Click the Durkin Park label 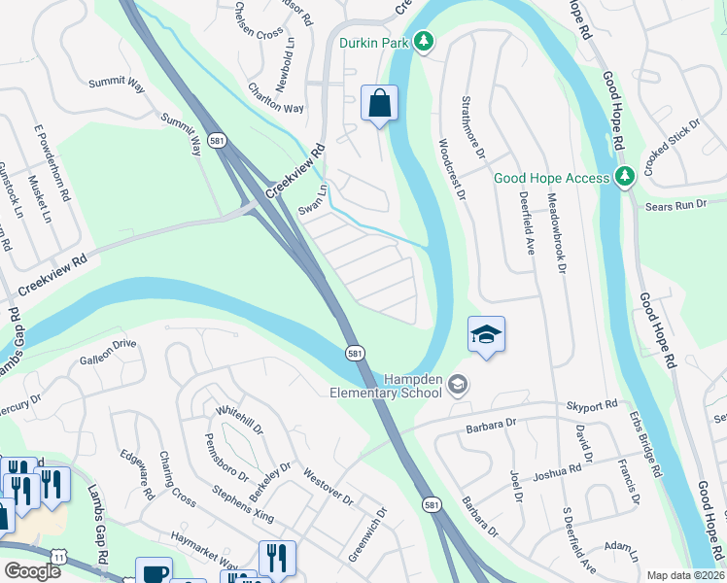373,42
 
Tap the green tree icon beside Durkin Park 423,42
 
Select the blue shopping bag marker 379,103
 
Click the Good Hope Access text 551,178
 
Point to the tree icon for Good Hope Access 627,176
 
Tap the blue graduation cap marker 486,335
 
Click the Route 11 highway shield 59,556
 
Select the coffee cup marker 154,573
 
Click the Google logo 32,571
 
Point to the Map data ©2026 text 686,575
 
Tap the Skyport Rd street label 594,404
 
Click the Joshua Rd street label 556,472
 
